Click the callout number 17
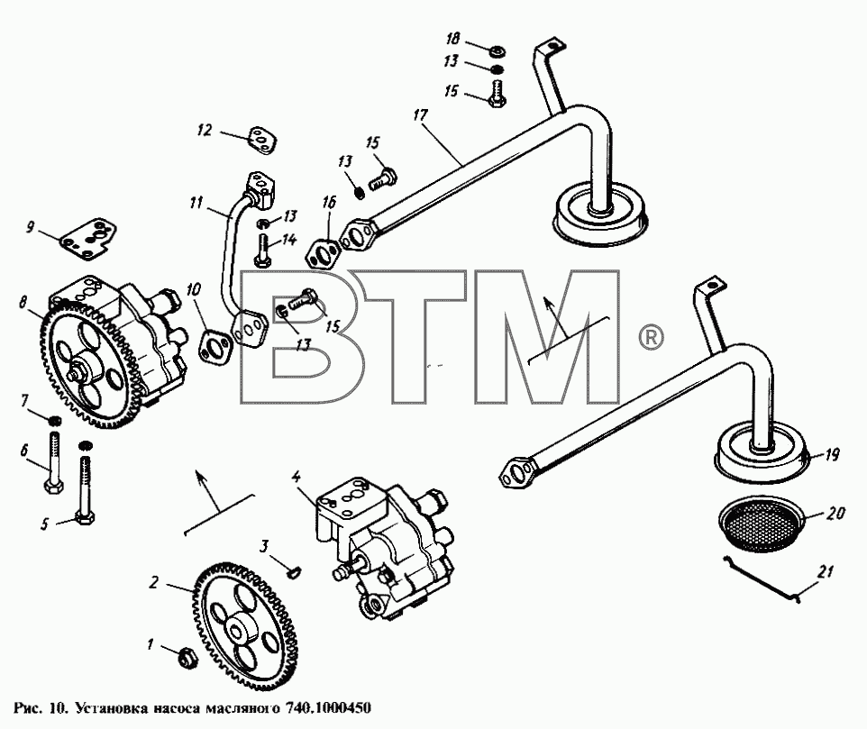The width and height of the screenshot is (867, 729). (421, 115)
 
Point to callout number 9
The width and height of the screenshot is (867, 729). (30, 227)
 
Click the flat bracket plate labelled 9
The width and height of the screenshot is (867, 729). (88, 238)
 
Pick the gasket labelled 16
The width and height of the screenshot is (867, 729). (321, 254)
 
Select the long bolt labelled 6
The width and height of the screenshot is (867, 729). (54, 462)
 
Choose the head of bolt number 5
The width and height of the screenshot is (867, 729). (85, 518)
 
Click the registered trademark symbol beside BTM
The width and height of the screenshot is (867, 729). (651, 337)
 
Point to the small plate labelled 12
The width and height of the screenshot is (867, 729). (261, 139)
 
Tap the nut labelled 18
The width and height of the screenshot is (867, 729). (497, 51)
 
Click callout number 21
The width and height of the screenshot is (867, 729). (825, 571)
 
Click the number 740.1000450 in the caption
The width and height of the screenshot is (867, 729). (327, 708)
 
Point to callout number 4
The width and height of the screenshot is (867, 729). (297, 476)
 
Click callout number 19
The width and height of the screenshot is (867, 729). (832, 455)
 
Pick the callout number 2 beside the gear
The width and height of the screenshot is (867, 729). (154, 582)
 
